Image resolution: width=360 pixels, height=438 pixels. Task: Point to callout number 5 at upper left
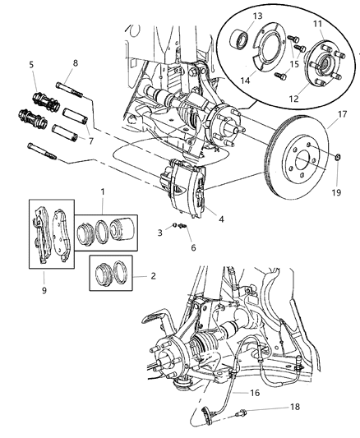(32, 64)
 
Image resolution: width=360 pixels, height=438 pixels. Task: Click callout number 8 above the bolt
(75, 62)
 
